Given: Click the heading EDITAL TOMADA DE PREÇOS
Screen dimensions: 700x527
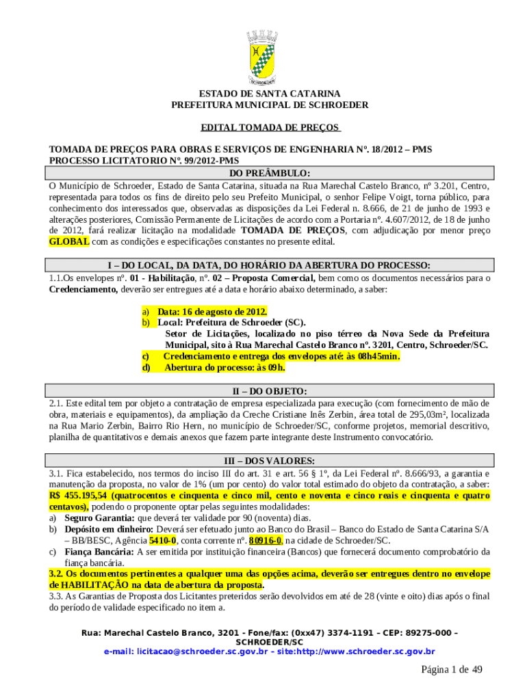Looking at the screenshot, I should tap(270, 128).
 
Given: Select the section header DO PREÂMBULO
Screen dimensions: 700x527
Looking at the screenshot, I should tap(269, 173).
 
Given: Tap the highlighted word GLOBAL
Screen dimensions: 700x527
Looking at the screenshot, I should tap(68, 242).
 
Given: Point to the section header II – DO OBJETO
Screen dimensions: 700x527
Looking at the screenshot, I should tap(269, 391).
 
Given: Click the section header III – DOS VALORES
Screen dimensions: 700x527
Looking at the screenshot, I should tap(269, 461).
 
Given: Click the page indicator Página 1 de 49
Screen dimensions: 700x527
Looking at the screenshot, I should tap(452, 669).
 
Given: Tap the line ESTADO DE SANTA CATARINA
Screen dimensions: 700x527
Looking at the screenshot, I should tap(270, 94).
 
